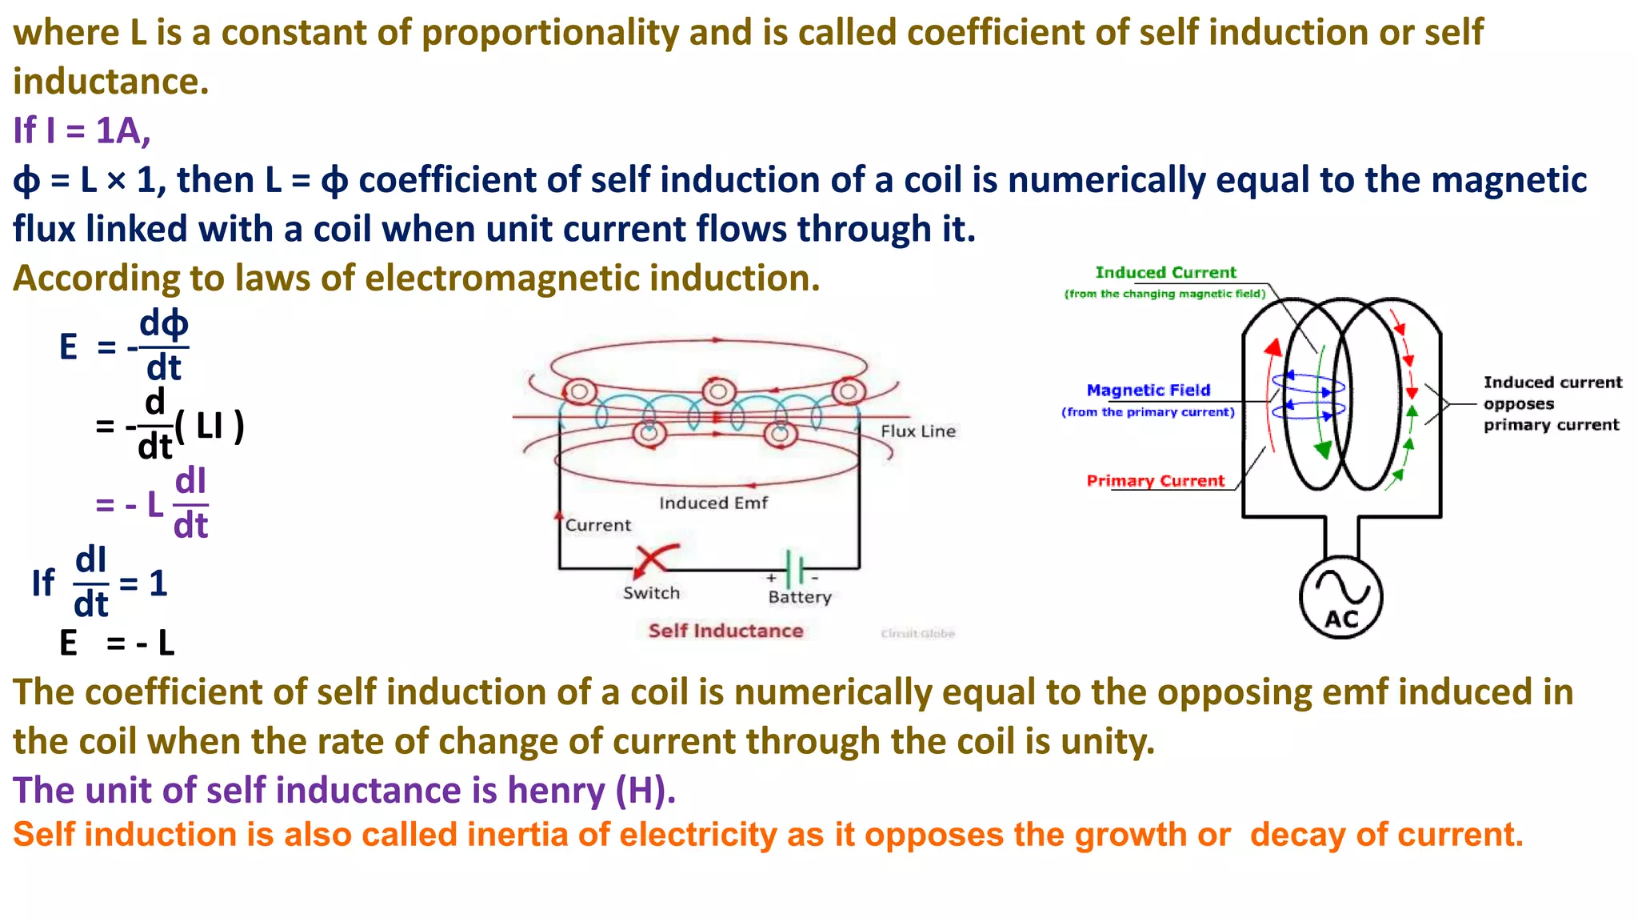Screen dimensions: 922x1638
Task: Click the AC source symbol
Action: click(x=1341, y=597)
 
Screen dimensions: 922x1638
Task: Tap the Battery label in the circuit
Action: click(x=800, y=597)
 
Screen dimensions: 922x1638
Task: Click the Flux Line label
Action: click(x=918, y=431)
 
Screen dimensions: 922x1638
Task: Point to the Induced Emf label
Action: click(x=713, y=503)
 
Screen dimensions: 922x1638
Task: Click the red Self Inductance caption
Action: click(x=725, y=631)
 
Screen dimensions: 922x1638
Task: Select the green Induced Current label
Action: click(x=1165, y=273)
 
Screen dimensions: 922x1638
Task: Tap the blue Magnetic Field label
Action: click(x=1148, y=391)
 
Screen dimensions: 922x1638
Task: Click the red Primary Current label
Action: click(x=1155, y=481)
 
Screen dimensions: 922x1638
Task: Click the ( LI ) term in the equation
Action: click(x=210, y=426)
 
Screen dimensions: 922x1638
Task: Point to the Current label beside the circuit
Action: click(x=598, y=525)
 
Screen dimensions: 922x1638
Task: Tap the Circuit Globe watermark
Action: click(x=917, y=634)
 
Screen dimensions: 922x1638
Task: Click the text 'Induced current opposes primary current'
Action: click(x=1552, y=403)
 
